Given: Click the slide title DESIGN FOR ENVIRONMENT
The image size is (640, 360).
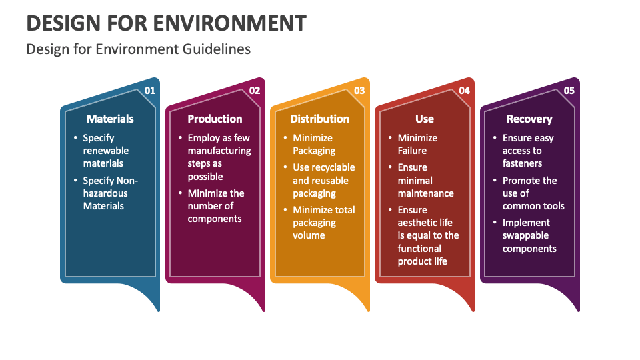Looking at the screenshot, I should pos(166,23).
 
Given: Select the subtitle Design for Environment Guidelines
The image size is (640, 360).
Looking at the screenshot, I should pos(139,49).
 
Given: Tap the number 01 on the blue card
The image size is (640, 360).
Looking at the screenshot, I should pos(150,90).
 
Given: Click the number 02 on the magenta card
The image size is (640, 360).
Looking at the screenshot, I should pos(255,90).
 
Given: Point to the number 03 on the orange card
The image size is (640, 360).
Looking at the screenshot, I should pos(359,90).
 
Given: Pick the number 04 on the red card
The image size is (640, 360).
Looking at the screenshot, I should pos(464,90).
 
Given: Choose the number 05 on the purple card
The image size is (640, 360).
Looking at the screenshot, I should pos(569,90).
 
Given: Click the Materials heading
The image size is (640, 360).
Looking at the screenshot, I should pos(110,119).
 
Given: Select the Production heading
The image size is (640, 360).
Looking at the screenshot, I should pos(215,119).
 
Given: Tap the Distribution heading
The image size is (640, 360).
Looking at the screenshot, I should pos(319,119).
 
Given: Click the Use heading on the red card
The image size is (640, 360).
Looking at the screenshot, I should pos(424,119).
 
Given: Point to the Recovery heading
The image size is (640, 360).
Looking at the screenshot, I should pos(529,119).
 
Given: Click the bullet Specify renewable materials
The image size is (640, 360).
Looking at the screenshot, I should pos(106,151).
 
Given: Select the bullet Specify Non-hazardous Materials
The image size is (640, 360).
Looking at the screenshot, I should pos(110,193).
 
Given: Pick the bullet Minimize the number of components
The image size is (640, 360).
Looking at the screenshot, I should pos(215,206).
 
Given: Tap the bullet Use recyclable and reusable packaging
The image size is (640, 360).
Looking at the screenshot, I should pos(323,180).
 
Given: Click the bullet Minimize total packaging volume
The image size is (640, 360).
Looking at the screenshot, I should pos(323,223).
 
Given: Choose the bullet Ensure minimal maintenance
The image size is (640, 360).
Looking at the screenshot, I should pos(425,180).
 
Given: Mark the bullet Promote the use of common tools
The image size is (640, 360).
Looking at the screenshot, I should pos(533,193).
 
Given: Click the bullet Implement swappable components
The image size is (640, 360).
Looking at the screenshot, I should pos(529,235).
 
